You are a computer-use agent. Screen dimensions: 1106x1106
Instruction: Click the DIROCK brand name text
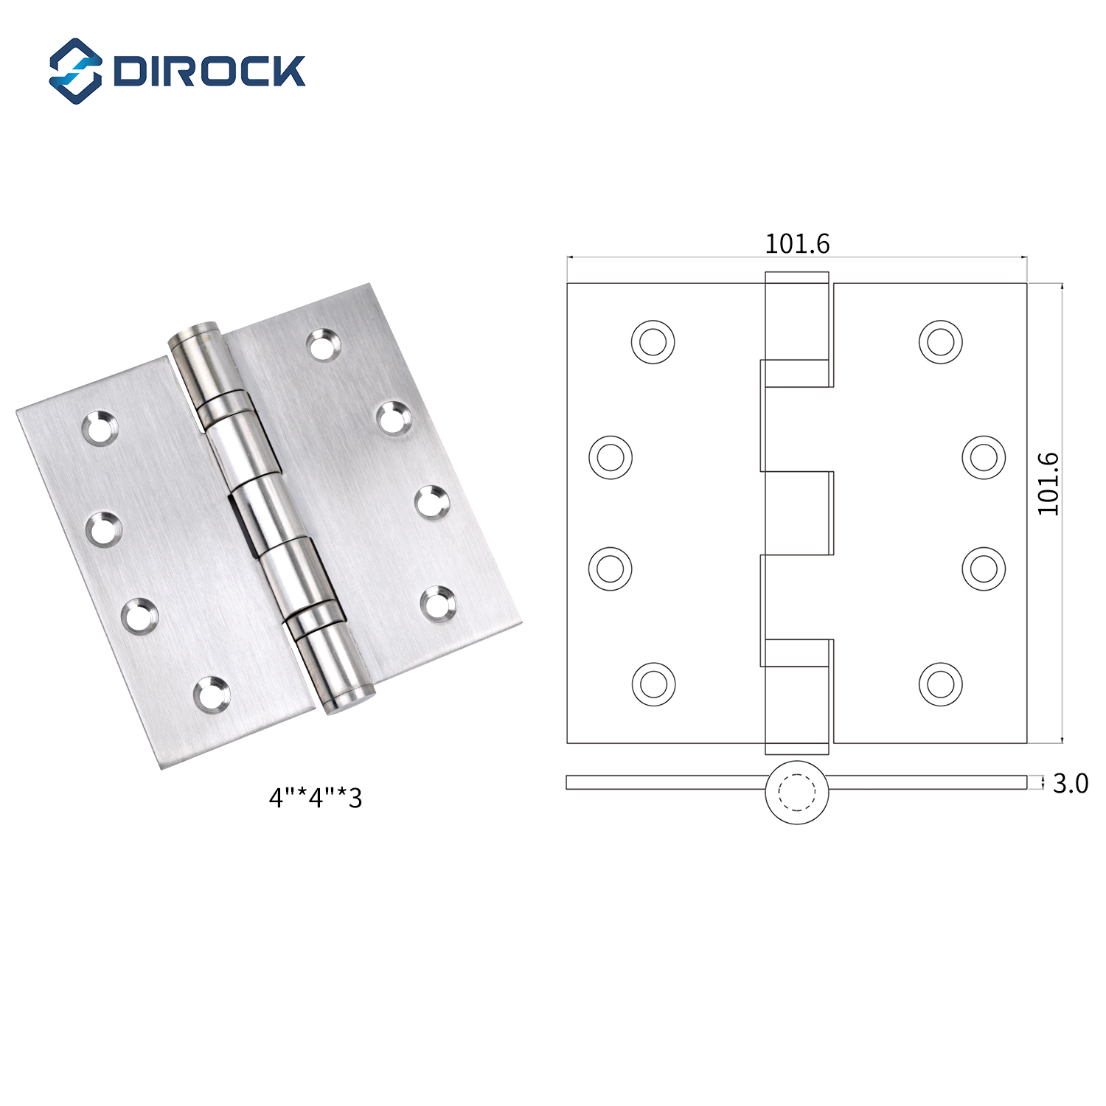209,71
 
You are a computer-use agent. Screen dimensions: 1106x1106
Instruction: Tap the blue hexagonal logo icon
75,71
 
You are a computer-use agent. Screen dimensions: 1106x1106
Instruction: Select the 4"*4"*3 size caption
316,798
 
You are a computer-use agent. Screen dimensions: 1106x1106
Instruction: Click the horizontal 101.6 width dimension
797,244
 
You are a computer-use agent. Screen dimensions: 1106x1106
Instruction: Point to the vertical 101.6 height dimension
1048,484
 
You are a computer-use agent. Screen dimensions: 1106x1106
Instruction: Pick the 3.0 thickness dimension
1071,783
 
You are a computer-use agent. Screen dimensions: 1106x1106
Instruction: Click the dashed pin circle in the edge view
797,793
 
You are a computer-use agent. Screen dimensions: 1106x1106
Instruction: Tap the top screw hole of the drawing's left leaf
653,341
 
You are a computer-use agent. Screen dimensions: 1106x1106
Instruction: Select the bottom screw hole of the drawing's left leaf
653,684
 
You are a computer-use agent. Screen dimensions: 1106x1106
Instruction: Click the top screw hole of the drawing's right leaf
941,341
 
